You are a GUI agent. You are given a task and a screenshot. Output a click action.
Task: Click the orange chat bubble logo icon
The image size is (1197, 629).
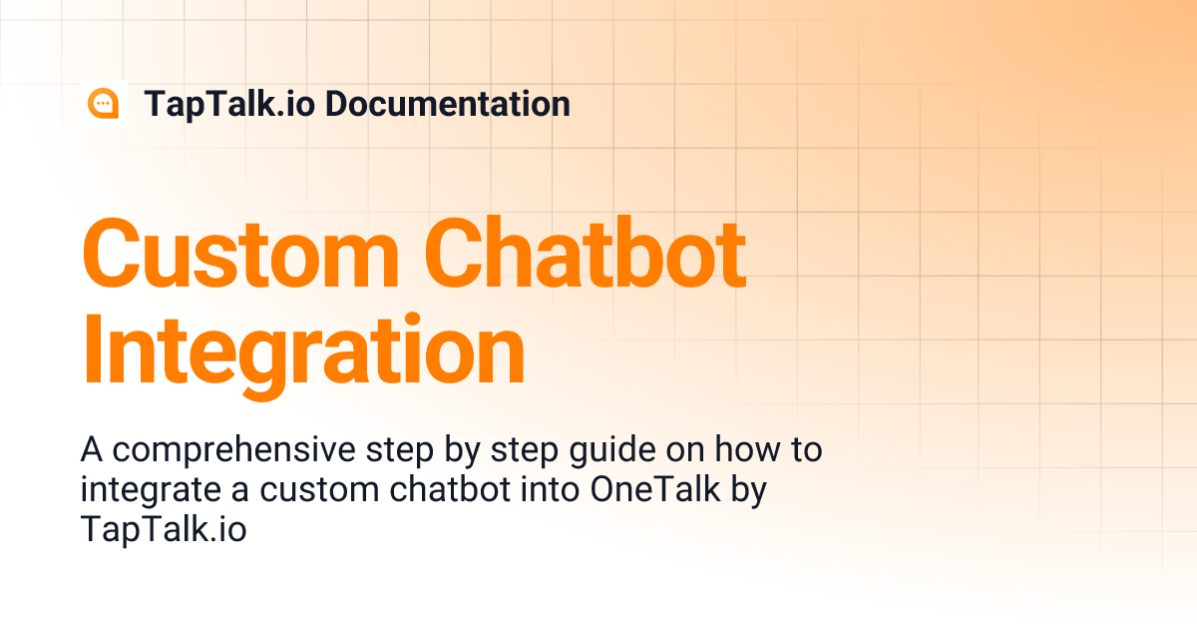(x=103, y=104)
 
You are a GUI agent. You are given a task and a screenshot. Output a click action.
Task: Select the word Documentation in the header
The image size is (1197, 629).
(x=448, y=104)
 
